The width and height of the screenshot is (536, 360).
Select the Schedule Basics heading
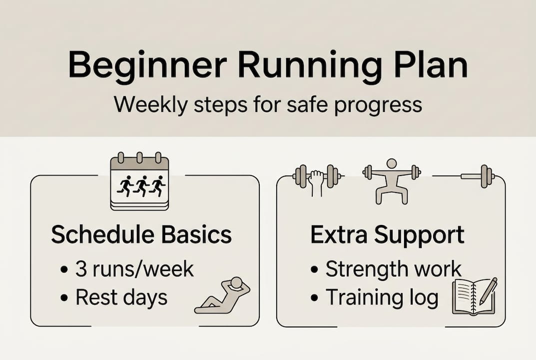click(x=141, y=235)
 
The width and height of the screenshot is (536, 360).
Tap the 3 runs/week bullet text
click(x=134, y=269)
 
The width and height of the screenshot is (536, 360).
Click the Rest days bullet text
click(x=121, y=297)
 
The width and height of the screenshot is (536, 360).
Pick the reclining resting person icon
click(x=222, y=296)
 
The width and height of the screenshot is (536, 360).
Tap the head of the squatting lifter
click(x=392, y=163)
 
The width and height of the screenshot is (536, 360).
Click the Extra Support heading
click(x=387, y=235)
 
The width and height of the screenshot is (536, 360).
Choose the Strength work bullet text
click(x=393, y=269)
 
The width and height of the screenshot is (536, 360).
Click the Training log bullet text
click(x=382, y=297)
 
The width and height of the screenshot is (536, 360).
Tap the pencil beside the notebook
click(x=488, y=290)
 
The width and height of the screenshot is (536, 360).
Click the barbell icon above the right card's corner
click(x=477, y=176)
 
